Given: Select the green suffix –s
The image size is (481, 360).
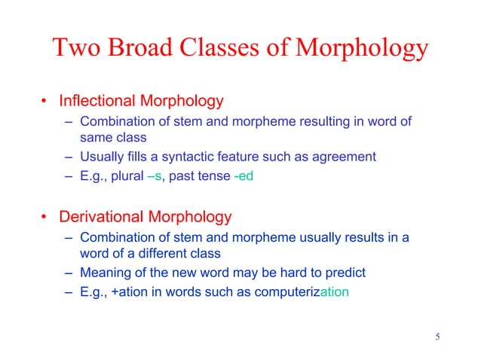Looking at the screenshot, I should coord(153,176).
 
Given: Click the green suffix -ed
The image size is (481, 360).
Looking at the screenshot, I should coord(243,176).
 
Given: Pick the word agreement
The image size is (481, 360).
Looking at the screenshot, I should coord(345,157).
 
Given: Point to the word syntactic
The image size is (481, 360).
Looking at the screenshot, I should coord(198,157).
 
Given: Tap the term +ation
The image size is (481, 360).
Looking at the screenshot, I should coord(130,293).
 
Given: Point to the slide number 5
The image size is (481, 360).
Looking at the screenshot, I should coord(437,335).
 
